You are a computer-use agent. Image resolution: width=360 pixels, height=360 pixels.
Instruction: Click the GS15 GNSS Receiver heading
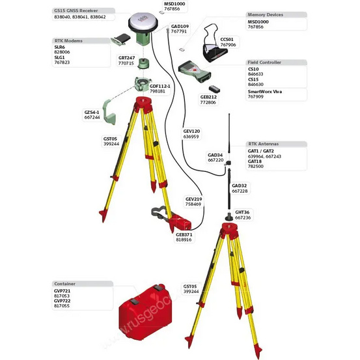[79, 11]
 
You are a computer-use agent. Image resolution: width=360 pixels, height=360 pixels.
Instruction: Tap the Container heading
[66, 283]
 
